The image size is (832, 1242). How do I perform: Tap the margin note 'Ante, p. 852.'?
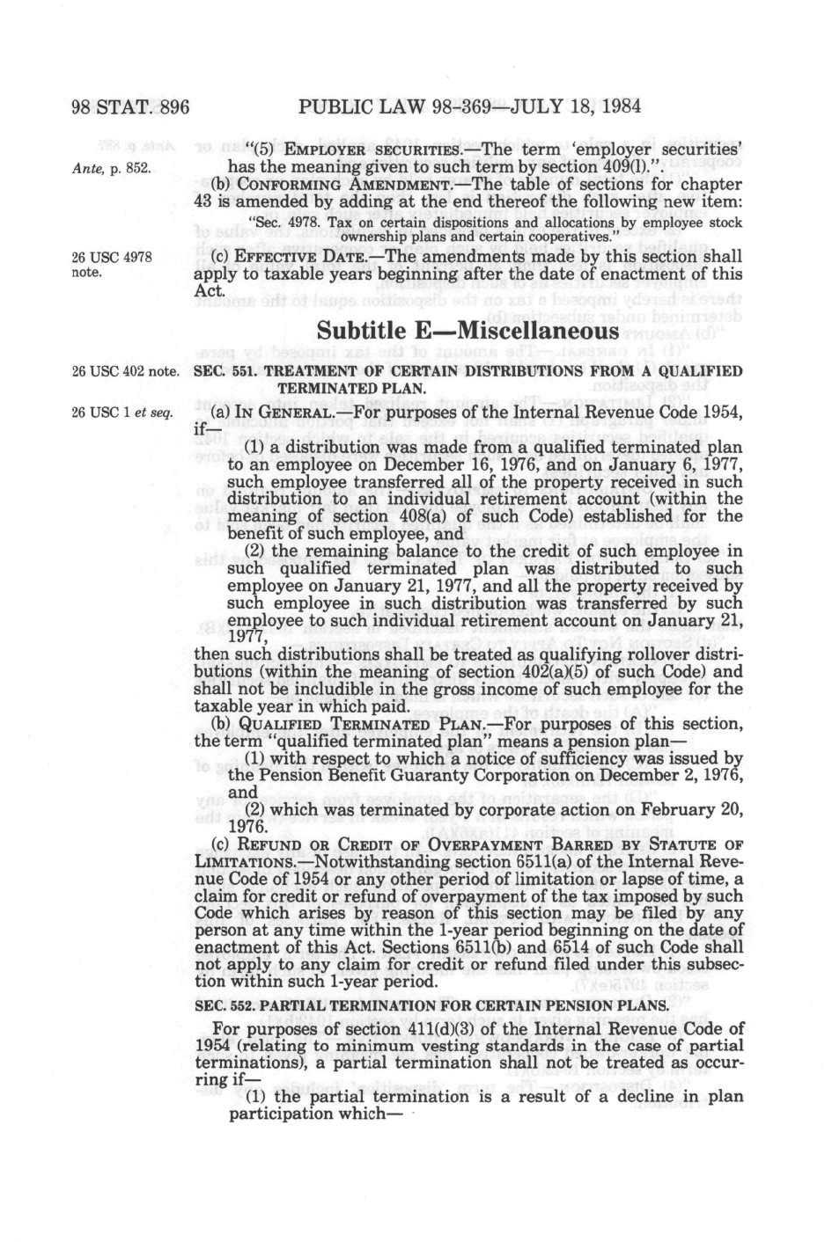111,167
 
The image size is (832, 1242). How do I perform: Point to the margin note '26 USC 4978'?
111,257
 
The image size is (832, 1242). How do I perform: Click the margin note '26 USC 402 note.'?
125,372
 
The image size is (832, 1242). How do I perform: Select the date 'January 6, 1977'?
685,464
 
